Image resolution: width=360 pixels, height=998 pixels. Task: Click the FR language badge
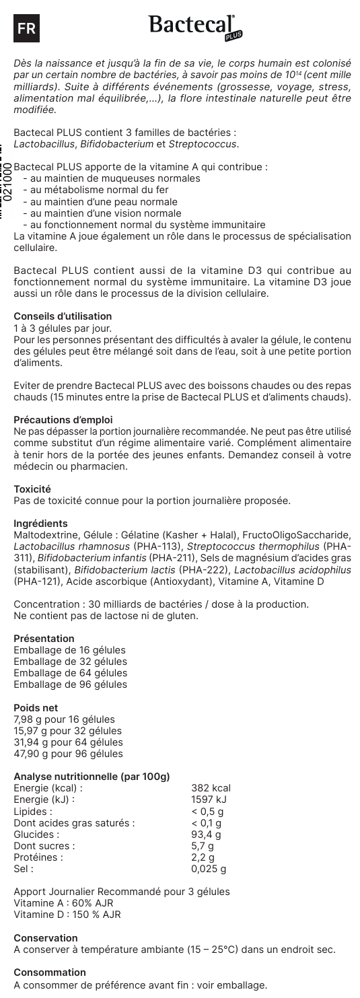[27, 28]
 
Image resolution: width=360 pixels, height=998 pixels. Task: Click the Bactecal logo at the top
[194, 26]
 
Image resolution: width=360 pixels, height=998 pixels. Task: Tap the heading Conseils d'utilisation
[63, 316]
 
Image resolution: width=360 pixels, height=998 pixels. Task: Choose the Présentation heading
[44, 639]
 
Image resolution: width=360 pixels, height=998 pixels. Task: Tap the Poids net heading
[36, 707]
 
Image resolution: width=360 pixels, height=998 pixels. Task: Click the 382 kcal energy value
[211, 787]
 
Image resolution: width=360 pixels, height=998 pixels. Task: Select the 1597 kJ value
[210, 799]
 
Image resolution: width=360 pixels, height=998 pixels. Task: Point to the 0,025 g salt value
[209, 868]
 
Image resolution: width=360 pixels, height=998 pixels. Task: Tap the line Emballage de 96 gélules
[70, 684]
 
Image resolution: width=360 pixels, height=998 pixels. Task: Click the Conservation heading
[45, 937]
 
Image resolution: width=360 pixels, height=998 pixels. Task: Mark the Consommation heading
[49, 972]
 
